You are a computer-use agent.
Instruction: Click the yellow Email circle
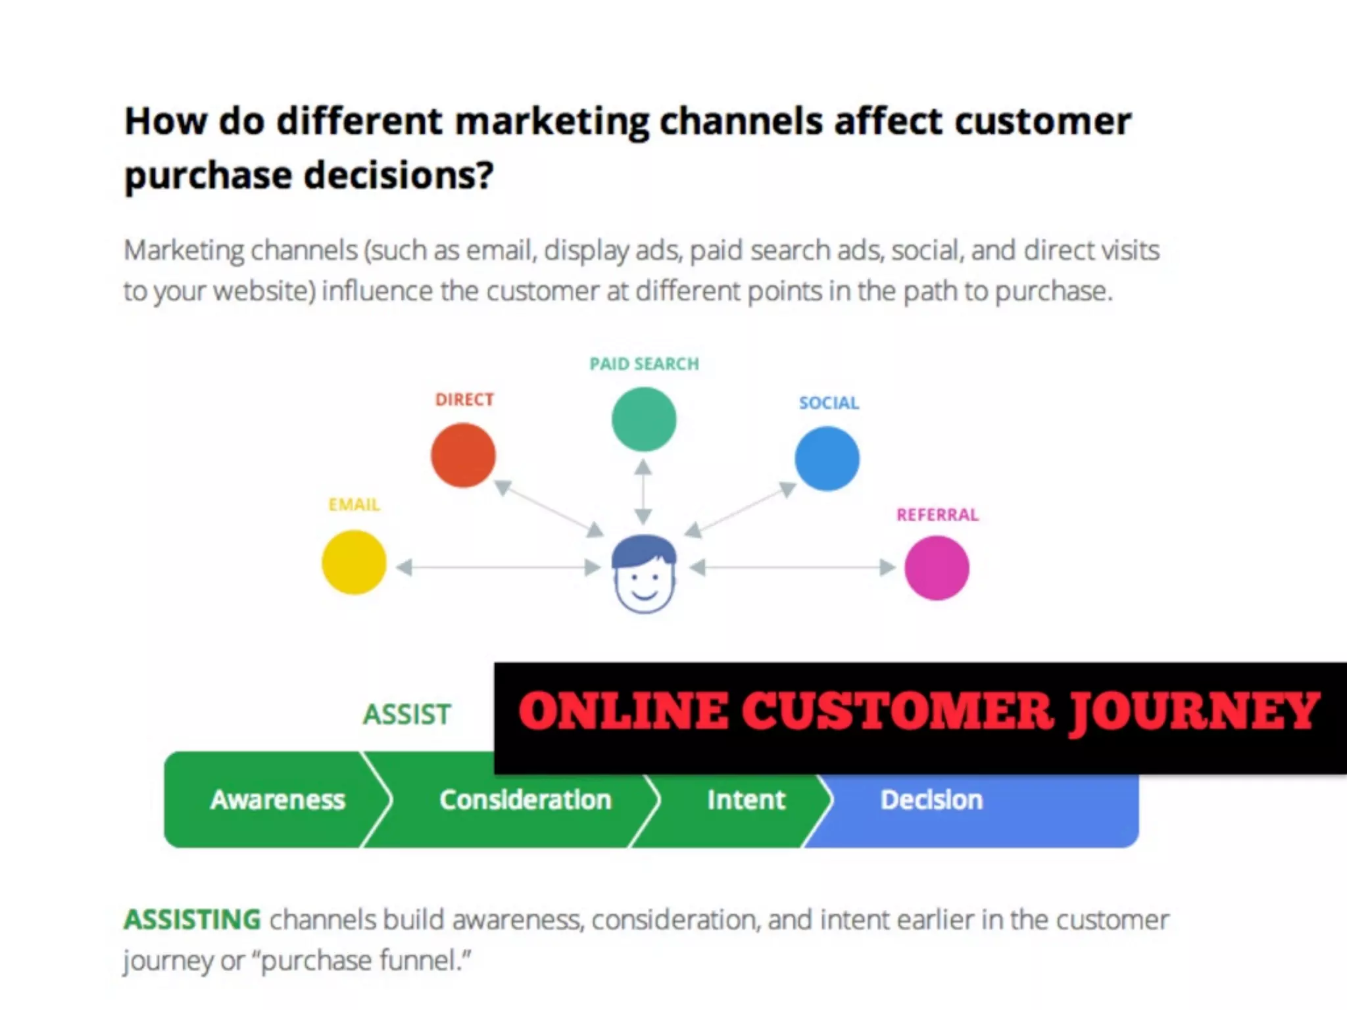pyautogui.click(x=354, y=563)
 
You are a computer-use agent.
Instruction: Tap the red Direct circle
pyautogui.click(x=463, y=456)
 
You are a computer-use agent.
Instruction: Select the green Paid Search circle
pyautogui.click(x=644, y=420)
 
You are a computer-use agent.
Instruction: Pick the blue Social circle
pyautogui.click(x=827, y=459)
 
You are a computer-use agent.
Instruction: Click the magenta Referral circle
pyautogui.click(x=937, y=568)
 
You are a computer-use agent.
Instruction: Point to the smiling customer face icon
pyautogui.click(x=644, y=574)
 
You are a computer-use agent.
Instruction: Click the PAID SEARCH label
pyautogui.click(x=644, y=364)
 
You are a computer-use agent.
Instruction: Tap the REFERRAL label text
pyautogui.click(x=937, y=515)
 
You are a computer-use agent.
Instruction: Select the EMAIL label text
pyautogui.click(x=354, y=505)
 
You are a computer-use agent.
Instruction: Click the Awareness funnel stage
pyautogui.click(x=278, y=800)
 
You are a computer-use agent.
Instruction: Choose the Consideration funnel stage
pyautogui.click(x=525, y=800)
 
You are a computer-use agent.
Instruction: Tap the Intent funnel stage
pyautogui.click(x=746, y=800)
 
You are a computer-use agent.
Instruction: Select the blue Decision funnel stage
pyautogui.click(x=931, y=800)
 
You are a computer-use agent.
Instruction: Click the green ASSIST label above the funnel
pyautogui.click(x=407, y=715)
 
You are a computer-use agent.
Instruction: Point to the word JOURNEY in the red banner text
pyautogui.click(x=1193, y=712)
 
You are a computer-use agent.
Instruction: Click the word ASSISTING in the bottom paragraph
pyautogui.click(x=192, y=920)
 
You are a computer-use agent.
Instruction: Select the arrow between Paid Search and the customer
pyautogui.click(x=643, y=492)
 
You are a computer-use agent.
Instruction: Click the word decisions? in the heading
pyautogui.click(x=399, y=176)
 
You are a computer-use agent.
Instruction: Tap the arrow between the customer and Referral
pyautogui.click(x=793, y=567)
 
